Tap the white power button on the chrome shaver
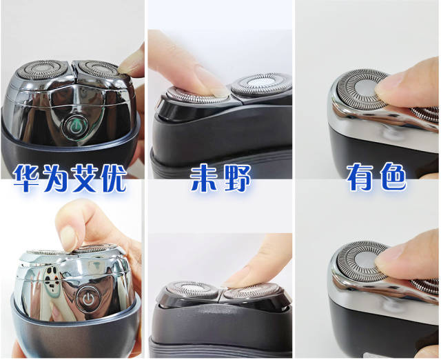pos(89,299)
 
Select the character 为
pos(56,178)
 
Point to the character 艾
pos(84,178)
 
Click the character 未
pos(204,178)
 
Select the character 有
pos(360,177)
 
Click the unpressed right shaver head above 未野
pos(260,83)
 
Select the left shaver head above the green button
pos(41,70)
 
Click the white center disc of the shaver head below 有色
pos(364,261)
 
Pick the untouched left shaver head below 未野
pos(192,289)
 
